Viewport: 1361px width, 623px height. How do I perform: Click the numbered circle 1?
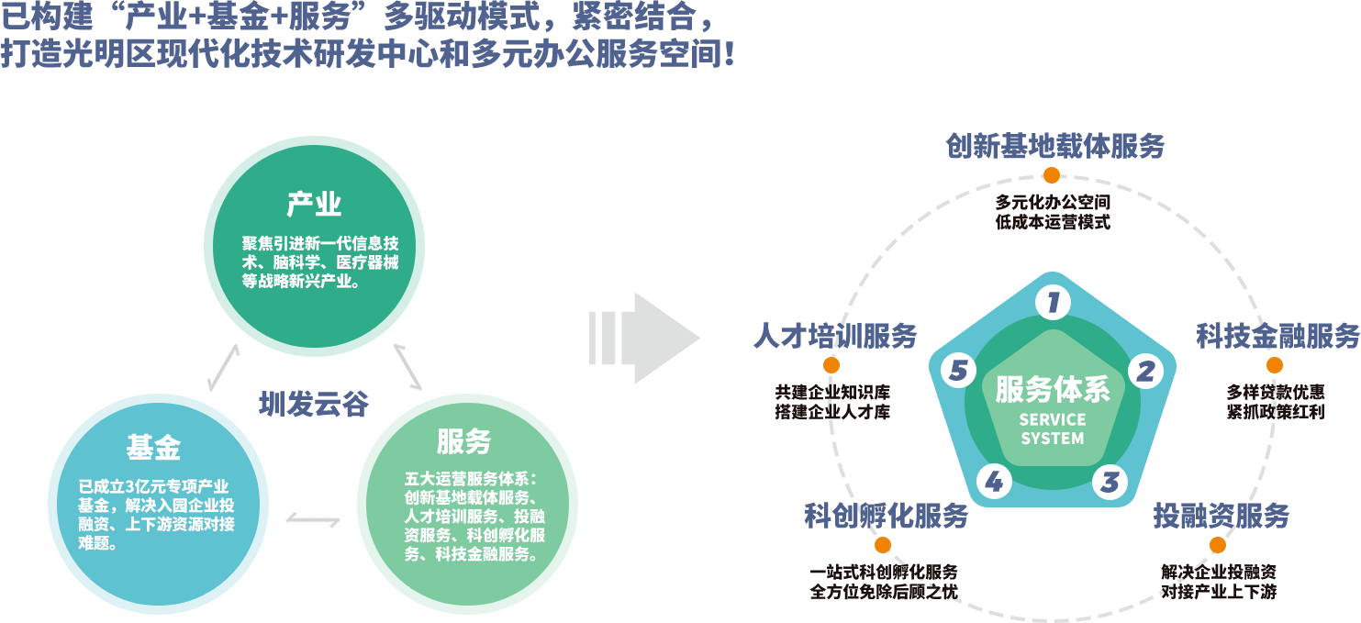(1053, 302)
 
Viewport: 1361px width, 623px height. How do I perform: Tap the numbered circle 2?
(1145, 371)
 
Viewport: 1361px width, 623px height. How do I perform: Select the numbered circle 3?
(1110, 482)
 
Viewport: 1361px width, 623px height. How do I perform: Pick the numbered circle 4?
(994, 482)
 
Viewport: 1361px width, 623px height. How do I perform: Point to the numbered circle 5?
(959, 371)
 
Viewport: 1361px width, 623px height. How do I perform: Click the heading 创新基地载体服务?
(1054, 146)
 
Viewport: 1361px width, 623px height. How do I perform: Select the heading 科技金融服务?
(1277, 336)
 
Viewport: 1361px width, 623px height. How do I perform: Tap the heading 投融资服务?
(1222, 516)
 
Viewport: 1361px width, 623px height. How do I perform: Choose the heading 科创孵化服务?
(886, 516)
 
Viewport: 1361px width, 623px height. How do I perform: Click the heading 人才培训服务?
(834, 336)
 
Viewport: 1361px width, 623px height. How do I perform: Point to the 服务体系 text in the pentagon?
(1053, 390)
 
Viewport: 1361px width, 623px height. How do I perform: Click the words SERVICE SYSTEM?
(1053, 428)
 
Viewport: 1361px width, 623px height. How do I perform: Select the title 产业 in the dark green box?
(314, 204)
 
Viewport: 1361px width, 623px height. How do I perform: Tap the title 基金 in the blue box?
(153, 447)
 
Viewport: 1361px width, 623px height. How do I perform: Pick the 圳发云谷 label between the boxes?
(314, 404)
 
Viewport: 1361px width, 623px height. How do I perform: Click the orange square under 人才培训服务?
(831, 365)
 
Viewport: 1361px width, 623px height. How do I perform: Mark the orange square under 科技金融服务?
(1275, 365)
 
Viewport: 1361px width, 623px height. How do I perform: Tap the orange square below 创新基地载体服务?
(1052, 175)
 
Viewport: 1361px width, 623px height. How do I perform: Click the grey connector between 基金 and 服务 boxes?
(313, 520)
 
